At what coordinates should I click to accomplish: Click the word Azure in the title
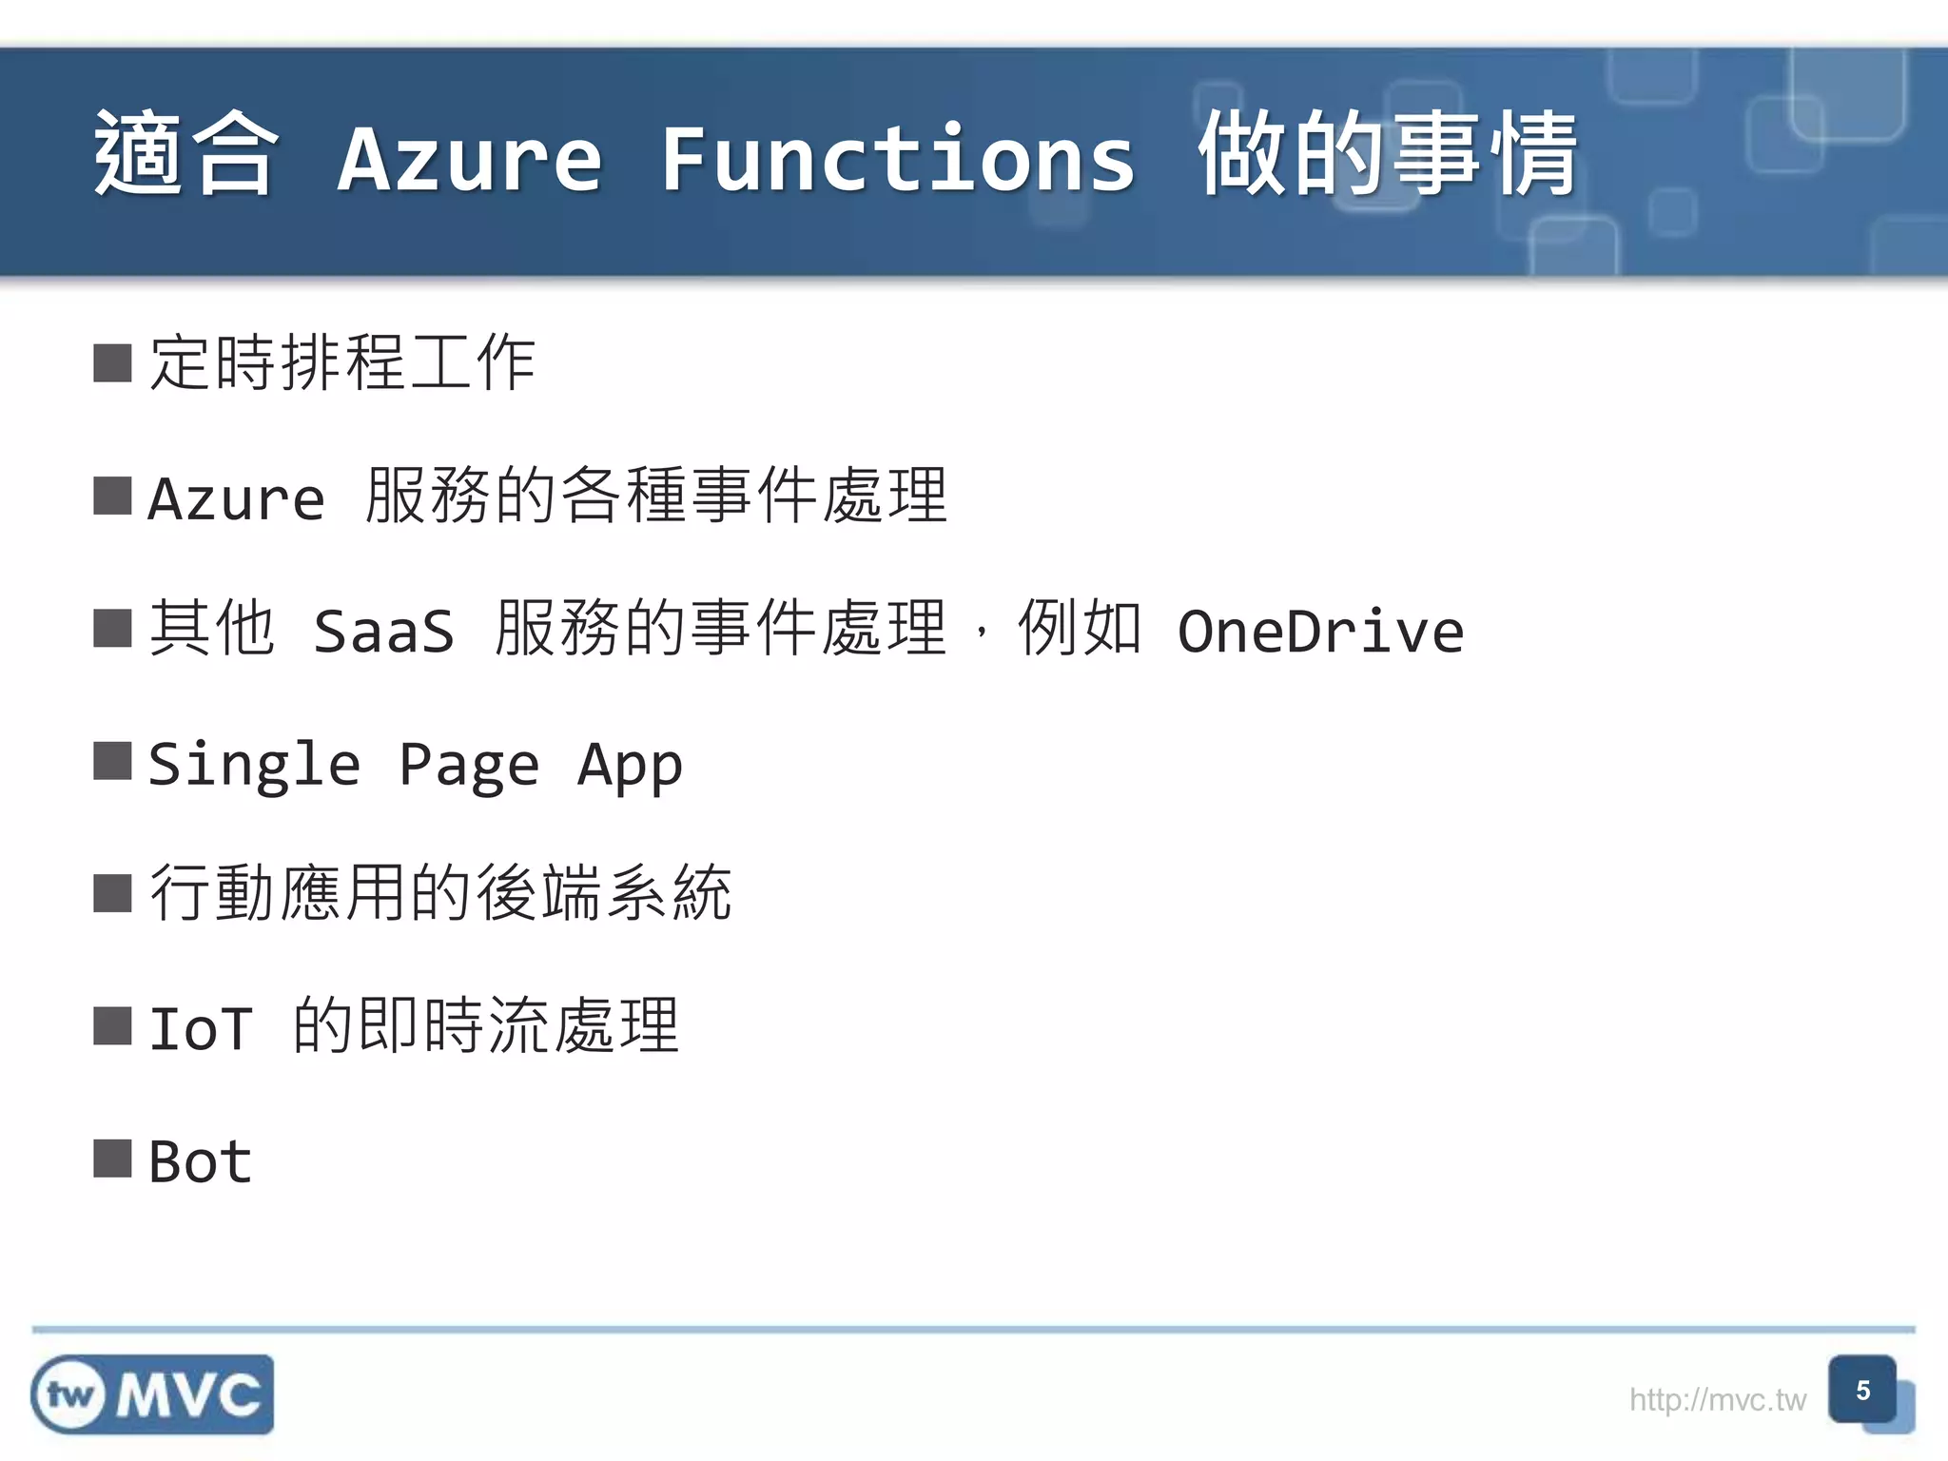(x=470, y=158)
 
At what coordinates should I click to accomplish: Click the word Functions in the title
(x=898, y=158)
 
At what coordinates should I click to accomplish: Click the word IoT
(x=201, y=1029)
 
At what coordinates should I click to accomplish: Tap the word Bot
(x=201, y=1162)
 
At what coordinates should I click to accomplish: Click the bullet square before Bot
(x=112, y=1159)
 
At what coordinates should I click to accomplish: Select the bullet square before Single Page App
(x=112, y=761)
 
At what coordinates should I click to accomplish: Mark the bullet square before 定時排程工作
(x=112, y=363)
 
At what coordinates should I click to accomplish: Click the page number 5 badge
(x=1862, y=1391)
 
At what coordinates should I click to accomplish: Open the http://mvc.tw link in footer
(x=1717, y=1400)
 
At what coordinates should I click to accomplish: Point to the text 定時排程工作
(x=342, y=363)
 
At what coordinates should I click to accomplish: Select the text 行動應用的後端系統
(x=440, y=894)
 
